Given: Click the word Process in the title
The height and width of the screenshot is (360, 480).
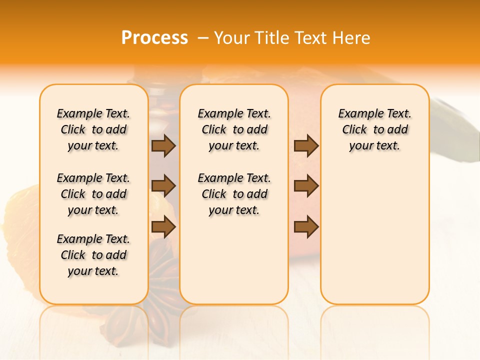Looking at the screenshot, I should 154,37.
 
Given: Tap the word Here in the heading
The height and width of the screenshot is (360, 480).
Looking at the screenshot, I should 351,38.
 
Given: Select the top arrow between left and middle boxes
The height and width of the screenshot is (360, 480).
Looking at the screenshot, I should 163,145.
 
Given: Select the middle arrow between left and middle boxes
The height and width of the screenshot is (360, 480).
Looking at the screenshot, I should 163,186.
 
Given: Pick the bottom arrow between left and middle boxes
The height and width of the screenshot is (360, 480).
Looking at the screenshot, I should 163,227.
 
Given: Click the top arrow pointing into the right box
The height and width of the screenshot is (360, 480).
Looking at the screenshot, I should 306,145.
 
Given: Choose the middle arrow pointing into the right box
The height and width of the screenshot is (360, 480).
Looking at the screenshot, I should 306,186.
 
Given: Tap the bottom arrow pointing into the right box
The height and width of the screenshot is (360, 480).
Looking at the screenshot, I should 306,227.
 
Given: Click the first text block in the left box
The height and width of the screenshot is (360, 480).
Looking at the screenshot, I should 93,129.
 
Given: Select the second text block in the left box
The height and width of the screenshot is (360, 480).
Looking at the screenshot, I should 93,194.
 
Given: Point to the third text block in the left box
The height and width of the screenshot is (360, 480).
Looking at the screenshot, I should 93,255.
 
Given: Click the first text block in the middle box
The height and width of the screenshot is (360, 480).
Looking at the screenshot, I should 234,129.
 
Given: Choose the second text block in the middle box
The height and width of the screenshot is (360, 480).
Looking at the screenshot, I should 234,194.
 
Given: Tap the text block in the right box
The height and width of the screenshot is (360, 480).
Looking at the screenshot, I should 375,129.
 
